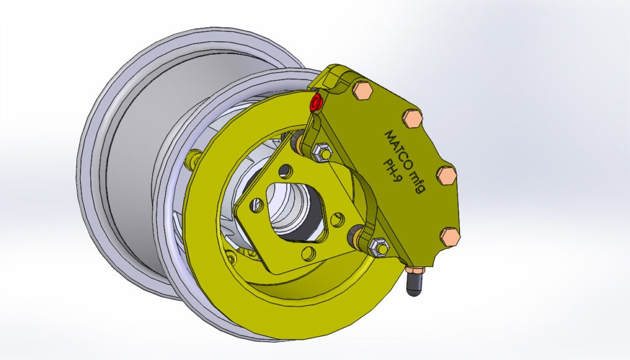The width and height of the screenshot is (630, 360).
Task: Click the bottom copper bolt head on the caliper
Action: click(x=451, y=236)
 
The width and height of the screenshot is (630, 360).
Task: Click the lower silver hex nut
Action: click(x=377, y=247)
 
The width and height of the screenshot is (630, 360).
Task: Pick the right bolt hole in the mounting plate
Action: click(x=337, y=218)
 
